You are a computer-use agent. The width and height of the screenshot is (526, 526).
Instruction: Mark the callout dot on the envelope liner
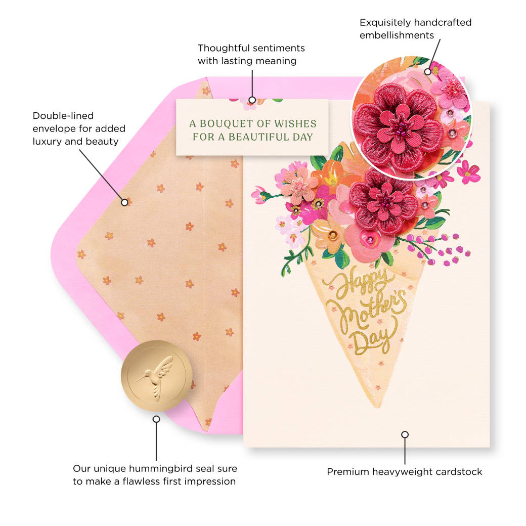coord(124,202)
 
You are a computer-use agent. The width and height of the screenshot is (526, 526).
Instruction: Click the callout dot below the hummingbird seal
coord(156,419)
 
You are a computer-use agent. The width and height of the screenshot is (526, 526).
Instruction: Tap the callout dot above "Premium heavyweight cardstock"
coord(405,434)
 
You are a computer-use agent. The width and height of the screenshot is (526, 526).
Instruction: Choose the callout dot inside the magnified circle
coord(427,72)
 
